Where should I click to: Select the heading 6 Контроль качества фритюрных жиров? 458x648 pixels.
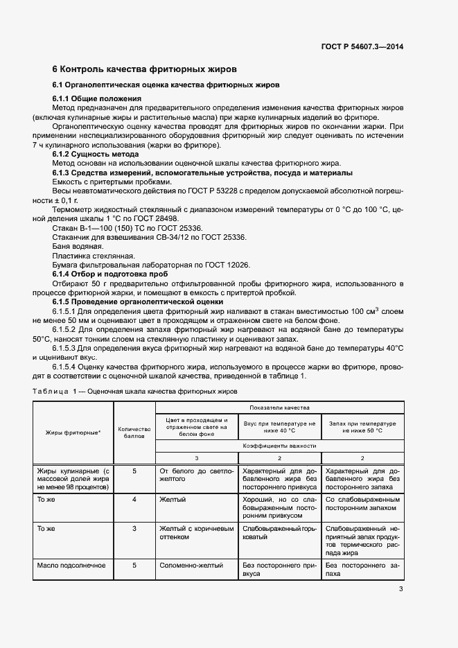tap(145, 69)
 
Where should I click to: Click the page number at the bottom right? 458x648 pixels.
tap(400, 590)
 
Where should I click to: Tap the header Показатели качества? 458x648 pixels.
tap(279, 408)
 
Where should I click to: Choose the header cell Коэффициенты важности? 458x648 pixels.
tap(279, 446)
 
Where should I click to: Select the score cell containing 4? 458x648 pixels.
tap(134, 499)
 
